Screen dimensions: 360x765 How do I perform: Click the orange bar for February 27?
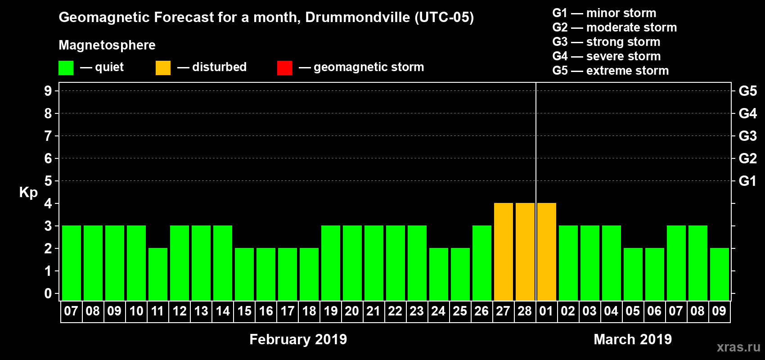(503, 252)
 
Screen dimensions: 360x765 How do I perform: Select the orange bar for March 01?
(546, 252)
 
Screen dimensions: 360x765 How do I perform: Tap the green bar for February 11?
(157, 274)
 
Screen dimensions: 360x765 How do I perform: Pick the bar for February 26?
(481, 263)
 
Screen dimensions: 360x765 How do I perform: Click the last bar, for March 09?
(719, 274)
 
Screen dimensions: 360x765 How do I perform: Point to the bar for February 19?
(330, 263)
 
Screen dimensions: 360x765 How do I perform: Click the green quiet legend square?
(66, 68)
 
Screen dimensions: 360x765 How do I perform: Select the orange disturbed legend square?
(163, 68)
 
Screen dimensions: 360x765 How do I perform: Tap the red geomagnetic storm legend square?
(284, 68)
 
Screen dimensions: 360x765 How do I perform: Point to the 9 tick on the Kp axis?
(48, 91)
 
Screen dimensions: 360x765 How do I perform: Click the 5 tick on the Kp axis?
(48, 181)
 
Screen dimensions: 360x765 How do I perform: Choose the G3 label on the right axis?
(747, 136)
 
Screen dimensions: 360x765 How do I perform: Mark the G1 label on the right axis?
(747, 181)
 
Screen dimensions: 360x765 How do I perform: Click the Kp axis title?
(28, 193)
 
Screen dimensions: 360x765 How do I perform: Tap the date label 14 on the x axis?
(222, 311)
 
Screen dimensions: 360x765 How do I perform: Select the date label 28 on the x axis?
(525, 311)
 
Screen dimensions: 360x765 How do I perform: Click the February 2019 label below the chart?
(298, 339)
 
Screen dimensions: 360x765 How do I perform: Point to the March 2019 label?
(632, 339)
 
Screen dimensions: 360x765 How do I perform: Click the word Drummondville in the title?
(357, 18)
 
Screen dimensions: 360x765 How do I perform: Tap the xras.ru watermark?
(738, 347)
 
